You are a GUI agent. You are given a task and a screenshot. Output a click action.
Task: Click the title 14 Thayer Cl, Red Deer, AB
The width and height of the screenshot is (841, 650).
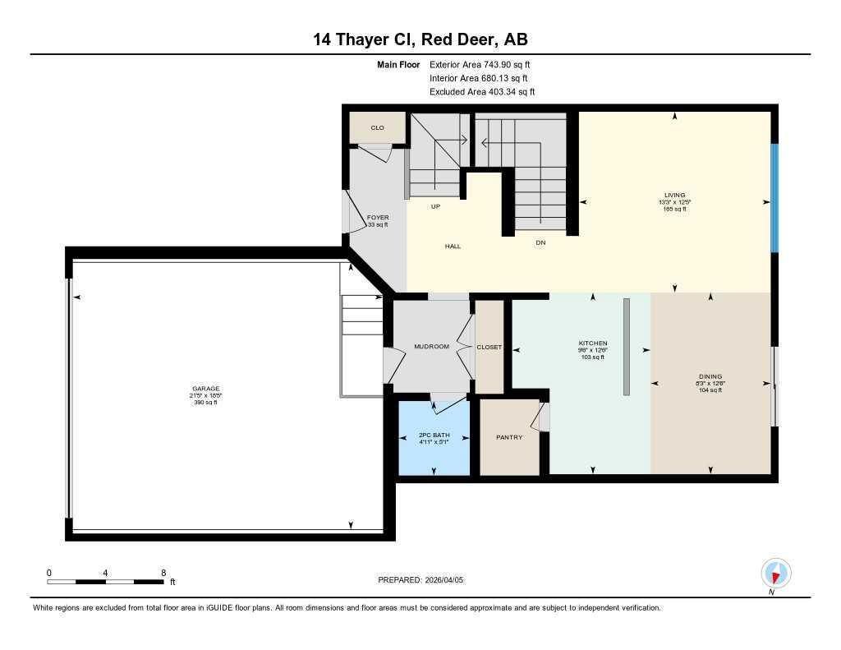click(420, 39)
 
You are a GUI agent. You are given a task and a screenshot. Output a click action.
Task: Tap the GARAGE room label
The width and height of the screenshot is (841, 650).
click(206, 389)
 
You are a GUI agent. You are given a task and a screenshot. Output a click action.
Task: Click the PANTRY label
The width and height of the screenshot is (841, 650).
click(509, 437)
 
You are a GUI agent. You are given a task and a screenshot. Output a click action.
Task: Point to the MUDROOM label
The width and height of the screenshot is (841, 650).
click(431, 347)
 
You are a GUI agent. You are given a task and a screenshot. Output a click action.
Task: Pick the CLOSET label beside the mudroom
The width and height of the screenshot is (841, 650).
click(489, 348)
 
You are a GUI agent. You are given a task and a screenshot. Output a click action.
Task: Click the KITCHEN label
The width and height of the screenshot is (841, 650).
click(593, 343)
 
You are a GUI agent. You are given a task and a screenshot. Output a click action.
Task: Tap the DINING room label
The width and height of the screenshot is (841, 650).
click(710, 376)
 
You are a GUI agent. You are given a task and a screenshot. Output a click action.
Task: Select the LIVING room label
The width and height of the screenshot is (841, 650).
click(675, 195)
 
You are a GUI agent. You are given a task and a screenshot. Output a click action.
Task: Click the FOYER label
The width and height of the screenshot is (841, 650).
click(378, 218)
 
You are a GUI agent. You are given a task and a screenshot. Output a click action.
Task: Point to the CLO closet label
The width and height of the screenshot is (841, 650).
click(377, 128)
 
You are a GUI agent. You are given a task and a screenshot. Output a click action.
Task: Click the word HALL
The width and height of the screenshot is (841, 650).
click(453, 246)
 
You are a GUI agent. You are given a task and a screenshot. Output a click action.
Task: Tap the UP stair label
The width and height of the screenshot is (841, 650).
click(435, 206)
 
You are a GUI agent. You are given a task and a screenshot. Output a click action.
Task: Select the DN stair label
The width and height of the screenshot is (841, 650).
click(540, 242)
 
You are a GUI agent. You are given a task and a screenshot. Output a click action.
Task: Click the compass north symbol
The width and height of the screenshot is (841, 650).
click(775, 573)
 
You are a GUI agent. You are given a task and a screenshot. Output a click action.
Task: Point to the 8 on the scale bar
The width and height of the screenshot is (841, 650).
click(163, 573)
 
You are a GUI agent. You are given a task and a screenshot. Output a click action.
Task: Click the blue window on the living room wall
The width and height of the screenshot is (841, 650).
click(774, 198)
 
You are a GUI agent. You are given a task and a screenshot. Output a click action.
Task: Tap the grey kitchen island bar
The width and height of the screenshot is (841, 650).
click(627, 347)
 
